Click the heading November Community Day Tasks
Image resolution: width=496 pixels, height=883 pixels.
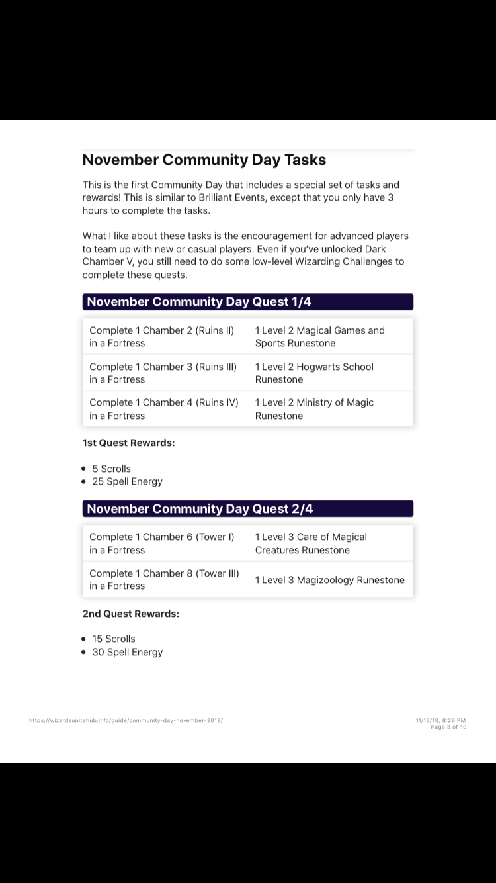[x=204, y=160]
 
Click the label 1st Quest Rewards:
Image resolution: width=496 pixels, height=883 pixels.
[x=128, y=443]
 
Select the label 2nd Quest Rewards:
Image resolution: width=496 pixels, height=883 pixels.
[x=130, y=614]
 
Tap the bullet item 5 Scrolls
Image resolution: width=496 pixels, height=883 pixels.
[x=111, y=469]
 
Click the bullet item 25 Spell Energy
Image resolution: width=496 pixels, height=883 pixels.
[x=127, y=481]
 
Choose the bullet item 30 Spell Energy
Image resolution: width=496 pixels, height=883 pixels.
[x=127, y=652]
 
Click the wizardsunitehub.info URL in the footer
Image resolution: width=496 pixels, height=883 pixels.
[x=126, y=720]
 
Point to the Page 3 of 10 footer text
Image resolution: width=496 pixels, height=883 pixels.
[x=448, y=727]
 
